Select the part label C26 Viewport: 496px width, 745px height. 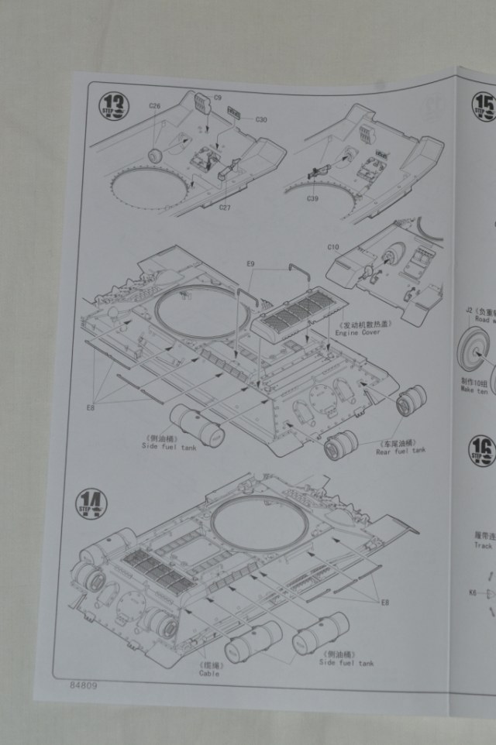coord(155,106)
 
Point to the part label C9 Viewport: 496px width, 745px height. coord(218,98)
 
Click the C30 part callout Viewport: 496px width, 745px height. coord(261,119)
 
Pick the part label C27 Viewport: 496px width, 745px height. coord(225,207)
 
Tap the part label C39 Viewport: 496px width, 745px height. coord(312,199)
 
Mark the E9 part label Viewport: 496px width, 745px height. coord(250,264)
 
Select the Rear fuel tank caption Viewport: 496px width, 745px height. coord(401,450)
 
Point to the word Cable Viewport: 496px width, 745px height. coord(209,673)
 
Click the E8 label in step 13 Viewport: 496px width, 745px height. coord(91,407)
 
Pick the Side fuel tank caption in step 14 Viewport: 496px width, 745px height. coord(346,663)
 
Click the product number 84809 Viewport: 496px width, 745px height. coord(84,685)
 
